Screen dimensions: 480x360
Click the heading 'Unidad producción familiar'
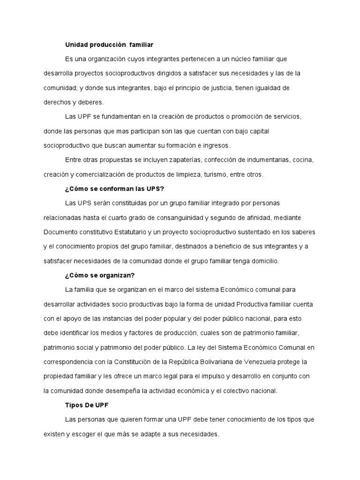click(x=109, y=45)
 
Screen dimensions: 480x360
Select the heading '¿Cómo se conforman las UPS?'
click(x=114, y=189)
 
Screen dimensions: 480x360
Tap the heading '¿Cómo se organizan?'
click(x=100, y=275)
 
